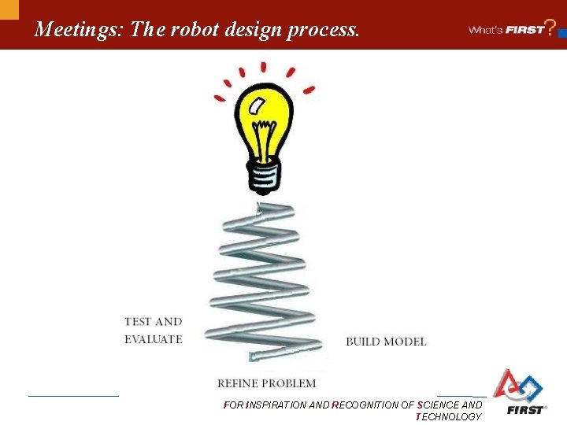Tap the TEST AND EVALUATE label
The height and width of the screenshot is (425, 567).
click(153, 331)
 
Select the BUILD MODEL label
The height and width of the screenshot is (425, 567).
click(386, 342)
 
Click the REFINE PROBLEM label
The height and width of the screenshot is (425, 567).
click(266, 383)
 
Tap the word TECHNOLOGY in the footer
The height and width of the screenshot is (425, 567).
click(448, 417)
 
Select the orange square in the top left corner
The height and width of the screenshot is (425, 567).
click(9, 9)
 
